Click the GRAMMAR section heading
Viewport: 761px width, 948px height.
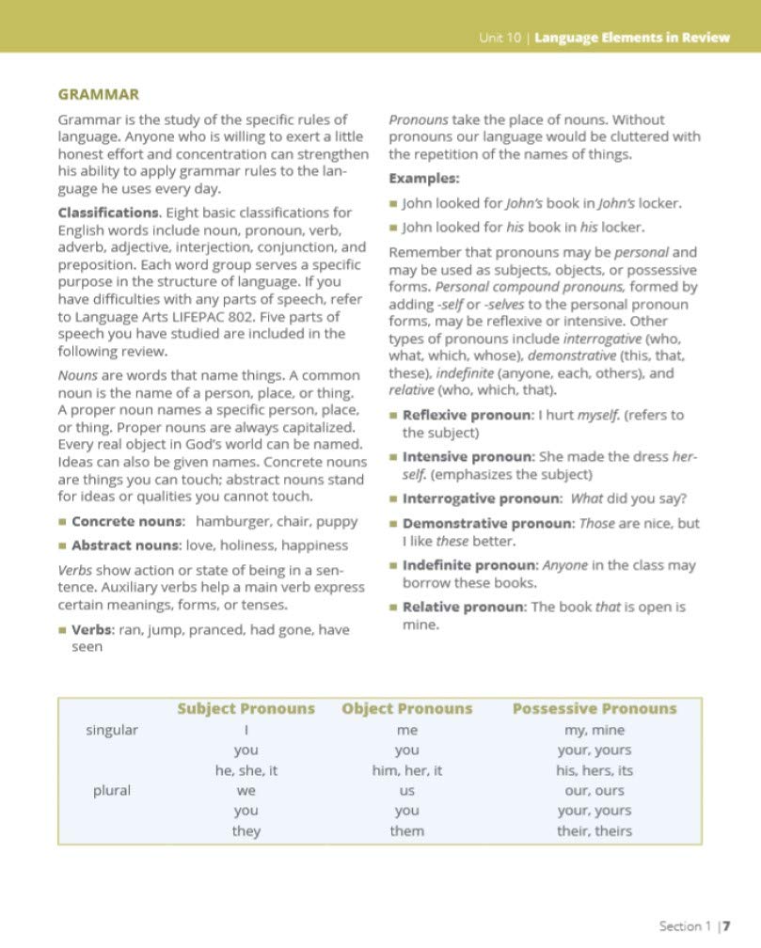(99, 94)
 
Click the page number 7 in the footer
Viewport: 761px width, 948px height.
(728, 926)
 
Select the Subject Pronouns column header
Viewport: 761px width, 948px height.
(246, 709)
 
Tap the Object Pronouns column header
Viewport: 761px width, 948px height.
(406, 709)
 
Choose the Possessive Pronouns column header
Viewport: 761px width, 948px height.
(594, 709)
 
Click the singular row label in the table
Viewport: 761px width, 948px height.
(112, 730)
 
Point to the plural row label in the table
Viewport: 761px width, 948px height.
(112, 790)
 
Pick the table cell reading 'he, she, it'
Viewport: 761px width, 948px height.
(246, 770)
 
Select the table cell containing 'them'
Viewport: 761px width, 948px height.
(406, 830)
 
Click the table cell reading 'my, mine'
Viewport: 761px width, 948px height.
(594, 730)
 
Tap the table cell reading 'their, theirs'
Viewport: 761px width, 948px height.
(594, 830)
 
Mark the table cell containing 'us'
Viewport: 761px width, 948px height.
(406, 791)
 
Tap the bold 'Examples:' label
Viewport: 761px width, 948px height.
(424, 178)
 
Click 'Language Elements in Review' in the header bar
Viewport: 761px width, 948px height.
(631, 38)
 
